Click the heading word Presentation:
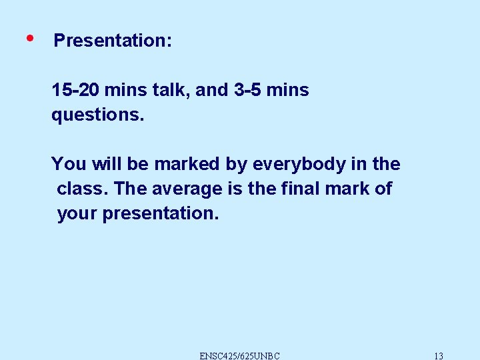(113, 41)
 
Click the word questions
(97, 115)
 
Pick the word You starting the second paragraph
(65, 164)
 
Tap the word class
(83, 189)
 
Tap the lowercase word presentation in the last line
(161, 214)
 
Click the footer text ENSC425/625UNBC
(240, 355)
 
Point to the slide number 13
(438, 355)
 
